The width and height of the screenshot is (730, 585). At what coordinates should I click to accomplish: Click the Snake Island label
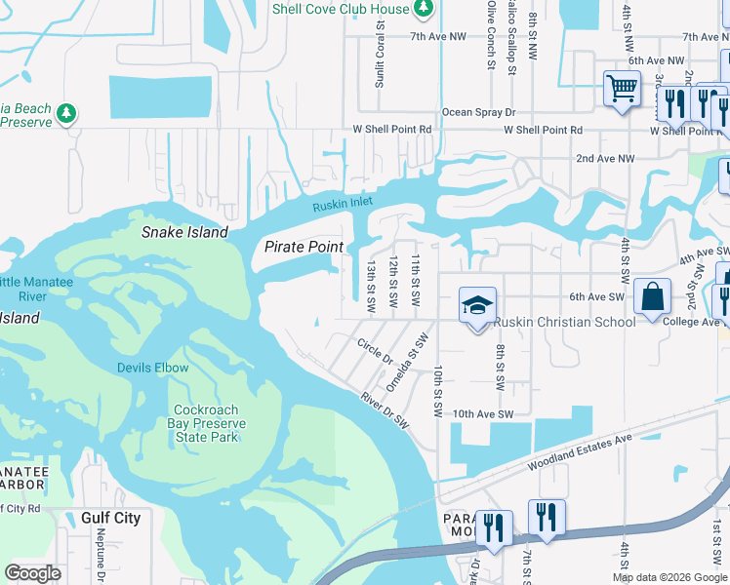click(x=184, y=232)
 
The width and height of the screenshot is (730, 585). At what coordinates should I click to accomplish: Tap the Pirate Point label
click(x=304, y=247)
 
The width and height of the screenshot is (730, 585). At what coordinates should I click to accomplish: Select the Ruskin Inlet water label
click(x=343, y=205)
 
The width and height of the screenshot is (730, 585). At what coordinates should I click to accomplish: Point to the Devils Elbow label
click(x=153, y=368)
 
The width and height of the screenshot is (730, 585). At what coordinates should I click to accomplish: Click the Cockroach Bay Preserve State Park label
click(x=210, y=423)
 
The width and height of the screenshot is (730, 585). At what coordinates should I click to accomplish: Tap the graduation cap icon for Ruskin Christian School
click(x=477, y=306)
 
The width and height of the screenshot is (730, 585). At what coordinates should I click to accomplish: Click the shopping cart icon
click(x=622, y=89)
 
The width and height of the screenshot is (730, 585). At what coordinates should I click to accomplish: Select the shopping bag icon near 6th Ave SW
click(x=652, y=296)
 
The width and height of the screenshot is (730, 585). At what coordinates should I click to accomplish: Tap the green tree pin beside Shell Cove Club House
click(x=423, y=10)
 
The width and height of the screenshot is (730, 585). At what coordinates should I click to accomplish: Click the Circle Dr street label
click(x=375, y=351)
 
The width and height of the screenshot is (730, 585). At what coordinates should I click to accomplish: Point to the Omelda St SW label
click(x=408, y=363)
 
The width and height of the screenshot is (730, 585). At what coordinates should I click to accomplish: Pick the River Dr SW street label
click(x=384, y=407)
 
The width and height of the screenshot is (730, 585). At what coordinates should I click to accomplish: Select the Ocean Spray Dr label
click(x=478, y=113)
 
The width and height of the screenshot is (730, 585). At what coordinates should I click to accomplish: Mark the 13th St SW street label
click(x=371, y=285)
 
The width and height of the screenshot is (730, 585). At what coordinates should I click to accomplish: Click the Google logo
click(x=32, y=573)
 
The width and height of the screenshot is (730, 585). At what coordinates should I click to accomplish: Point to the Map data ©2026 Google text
click(x=669, y=577)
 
